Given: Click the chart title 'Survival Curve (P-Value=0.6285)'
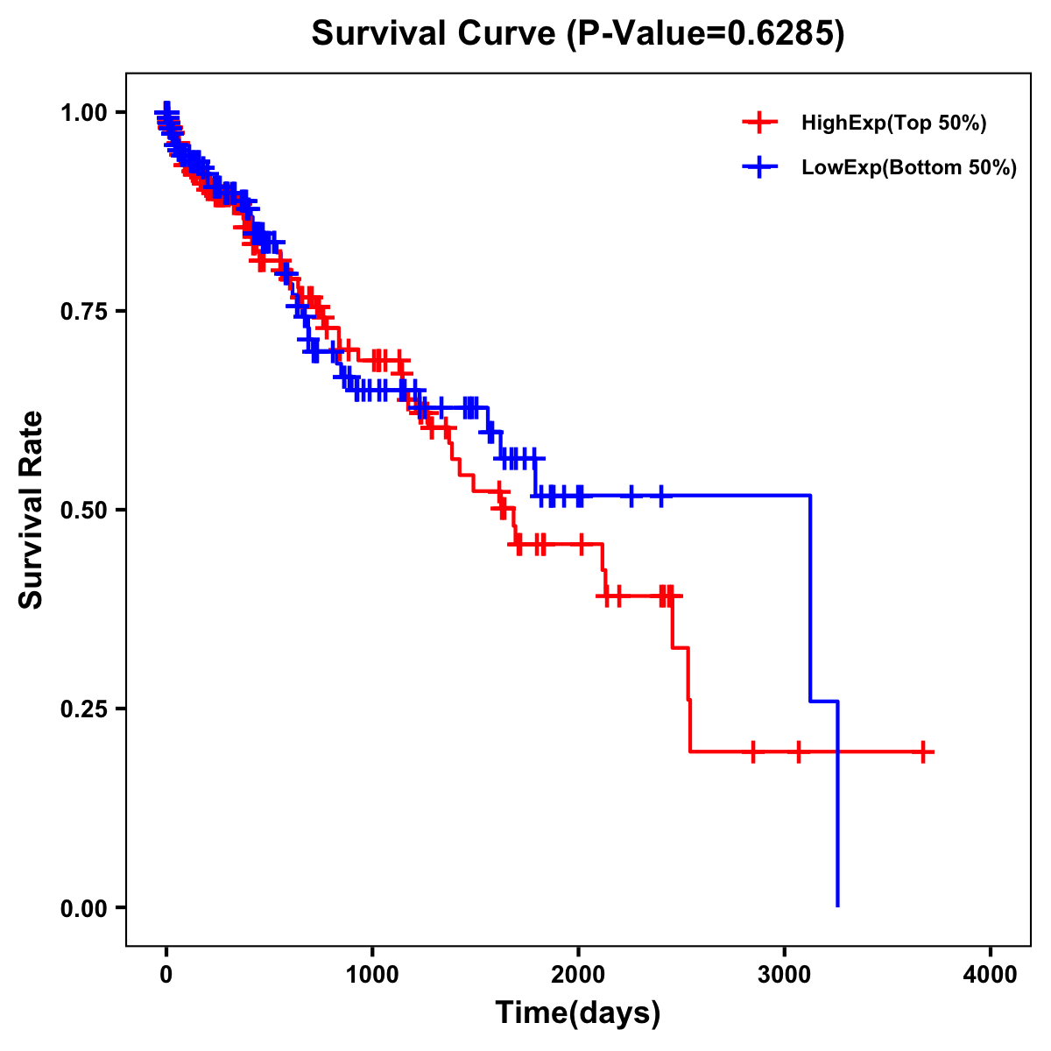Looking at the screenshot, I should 578,34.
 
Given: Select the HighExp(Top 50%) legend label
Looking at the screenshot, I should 894,123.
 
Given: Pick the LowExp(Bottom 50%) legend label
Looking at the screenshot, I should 909,167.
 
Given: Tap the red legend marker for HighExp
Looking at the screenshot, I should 759,123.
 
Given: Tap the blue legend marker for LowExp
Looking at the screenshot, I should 759,167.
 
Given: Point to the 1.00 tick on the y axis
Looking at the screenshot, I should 82,112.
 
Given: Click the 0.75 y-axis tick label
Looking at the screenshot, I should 82,311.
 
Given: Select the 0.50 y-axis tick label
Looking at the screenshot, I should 82,510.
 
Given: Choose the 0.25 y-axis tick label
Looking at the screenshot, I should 82,709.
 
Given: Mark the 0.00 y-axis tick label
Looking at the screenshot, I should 82,907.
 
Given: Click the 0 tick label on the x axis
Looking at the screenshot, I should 166,974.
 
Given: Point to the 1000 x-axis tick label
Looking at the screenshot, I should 372,974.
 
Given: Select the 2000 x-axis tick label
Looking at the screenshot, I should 578,974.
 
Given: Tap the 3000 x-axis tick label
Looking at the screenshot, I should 785,974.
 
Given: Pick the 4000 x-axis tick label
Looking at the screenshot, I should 991,974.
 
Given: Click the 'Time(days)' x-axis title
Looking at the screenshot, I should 578,1013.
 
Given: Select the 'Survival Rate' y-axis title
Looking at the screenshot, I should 32,510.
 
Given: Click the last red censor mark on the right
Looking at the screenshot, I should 923,751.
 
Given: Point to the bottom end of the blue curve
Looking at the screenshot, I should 838,906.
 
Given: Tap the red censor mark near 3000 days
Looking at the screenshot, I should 798,751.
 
